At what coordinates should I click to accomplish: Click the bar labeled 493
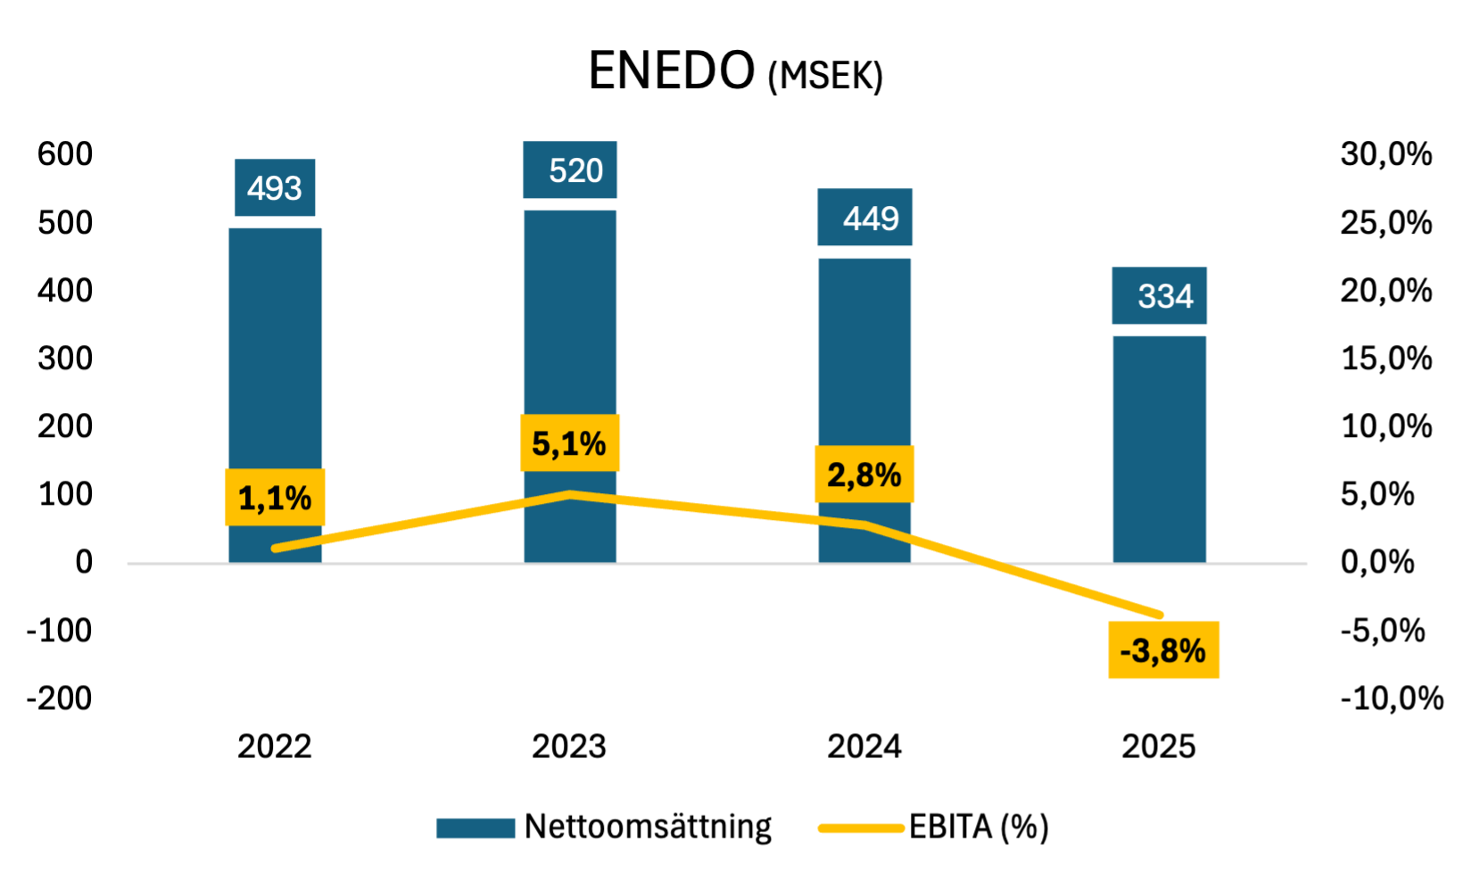point(275,357)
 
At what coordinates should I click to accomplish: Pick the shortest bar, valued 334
point(1159,446)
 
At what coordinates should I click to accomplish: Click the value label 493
point(275,188)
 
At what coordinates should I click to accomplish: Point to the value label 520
point(570,170)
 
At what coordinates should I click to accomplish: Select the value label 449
point(865,218)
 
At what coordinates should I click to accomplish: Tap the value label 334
point(1160,296)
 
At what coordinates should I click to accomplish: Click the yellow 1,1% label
point(275,498)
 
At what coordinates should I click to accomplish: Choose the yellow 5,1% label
point(570,443)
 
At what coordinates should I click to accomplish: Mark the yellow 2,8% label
point(864,474)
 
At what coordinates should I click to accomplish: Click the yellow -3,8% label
point(1163,650)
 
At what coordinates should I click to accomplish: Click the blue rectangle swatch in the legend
point(475,829)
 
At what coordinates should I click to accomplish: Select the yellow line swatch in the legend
point(862,829)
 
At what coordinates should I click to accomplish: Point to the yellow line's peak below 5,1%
point(570,493)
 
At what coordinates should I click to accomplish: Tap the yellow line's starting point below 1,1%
point(276,548)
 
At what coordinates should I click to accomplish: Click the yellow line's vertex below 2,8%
point(864,525)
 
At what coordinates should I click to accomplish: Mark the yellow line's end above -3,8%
point(1160,615)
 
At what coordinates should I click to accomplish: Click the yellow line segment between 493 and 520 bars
point(423,521)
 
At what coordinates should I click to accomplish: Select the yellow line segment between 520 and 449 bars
point(717,509)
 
